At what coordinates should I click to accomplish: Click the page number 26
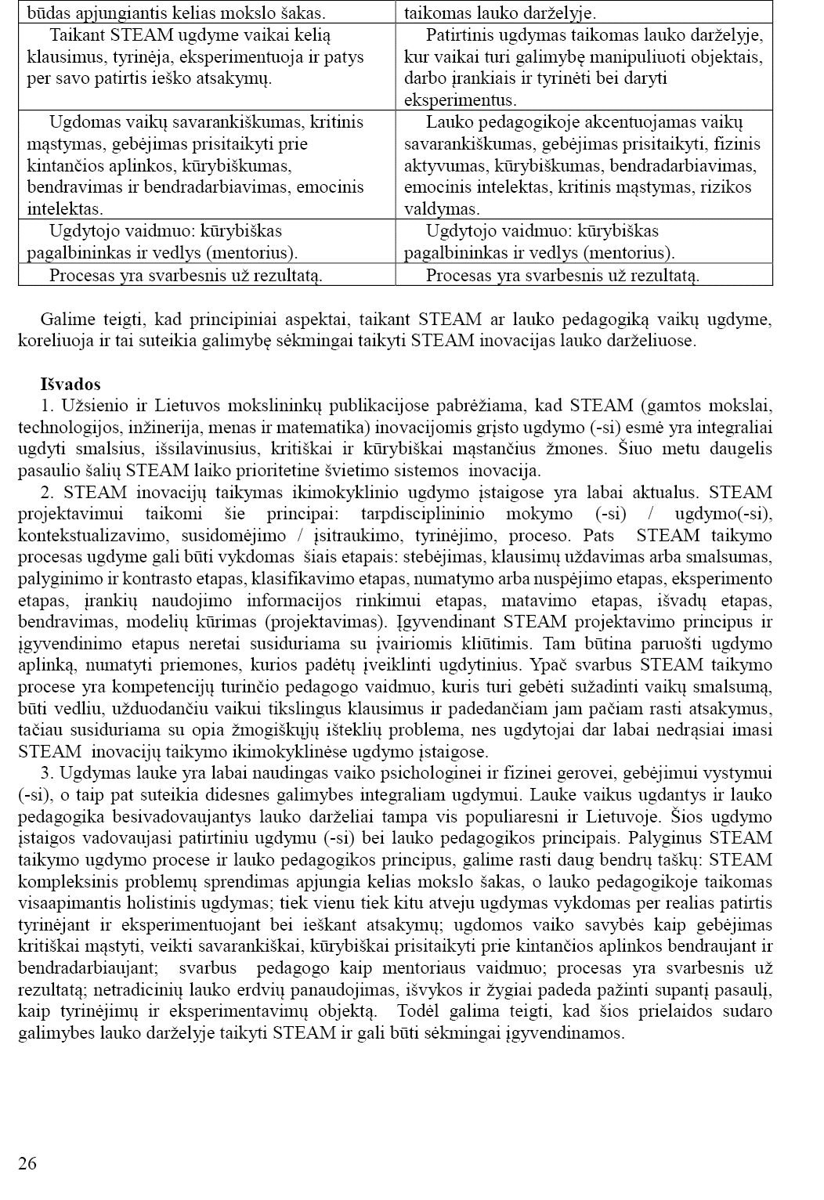click(x=27, y=1163)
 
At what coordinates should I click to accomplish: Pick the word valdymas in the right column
click(x=440, y=209)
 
